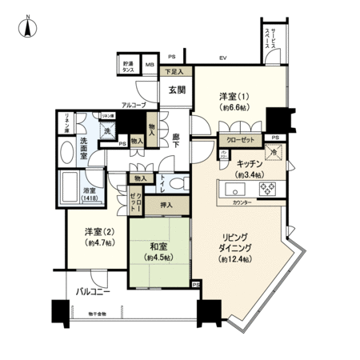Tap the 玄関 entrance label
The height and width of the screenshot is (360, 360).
(177, 90)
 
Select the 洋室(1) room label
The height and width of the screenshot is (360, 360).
(235, 97)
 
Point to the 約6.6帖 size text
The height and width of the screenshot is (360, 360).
(235, 108)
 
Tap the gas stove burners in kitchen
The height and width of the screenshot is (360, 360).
(266, 190)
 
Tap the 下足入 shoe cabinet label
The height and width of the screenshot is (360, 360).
(173, 72)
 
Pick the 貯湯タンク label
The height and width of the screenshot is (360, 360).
(129, 66)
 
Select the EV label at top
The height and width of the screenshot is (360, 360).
(225, 58)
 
